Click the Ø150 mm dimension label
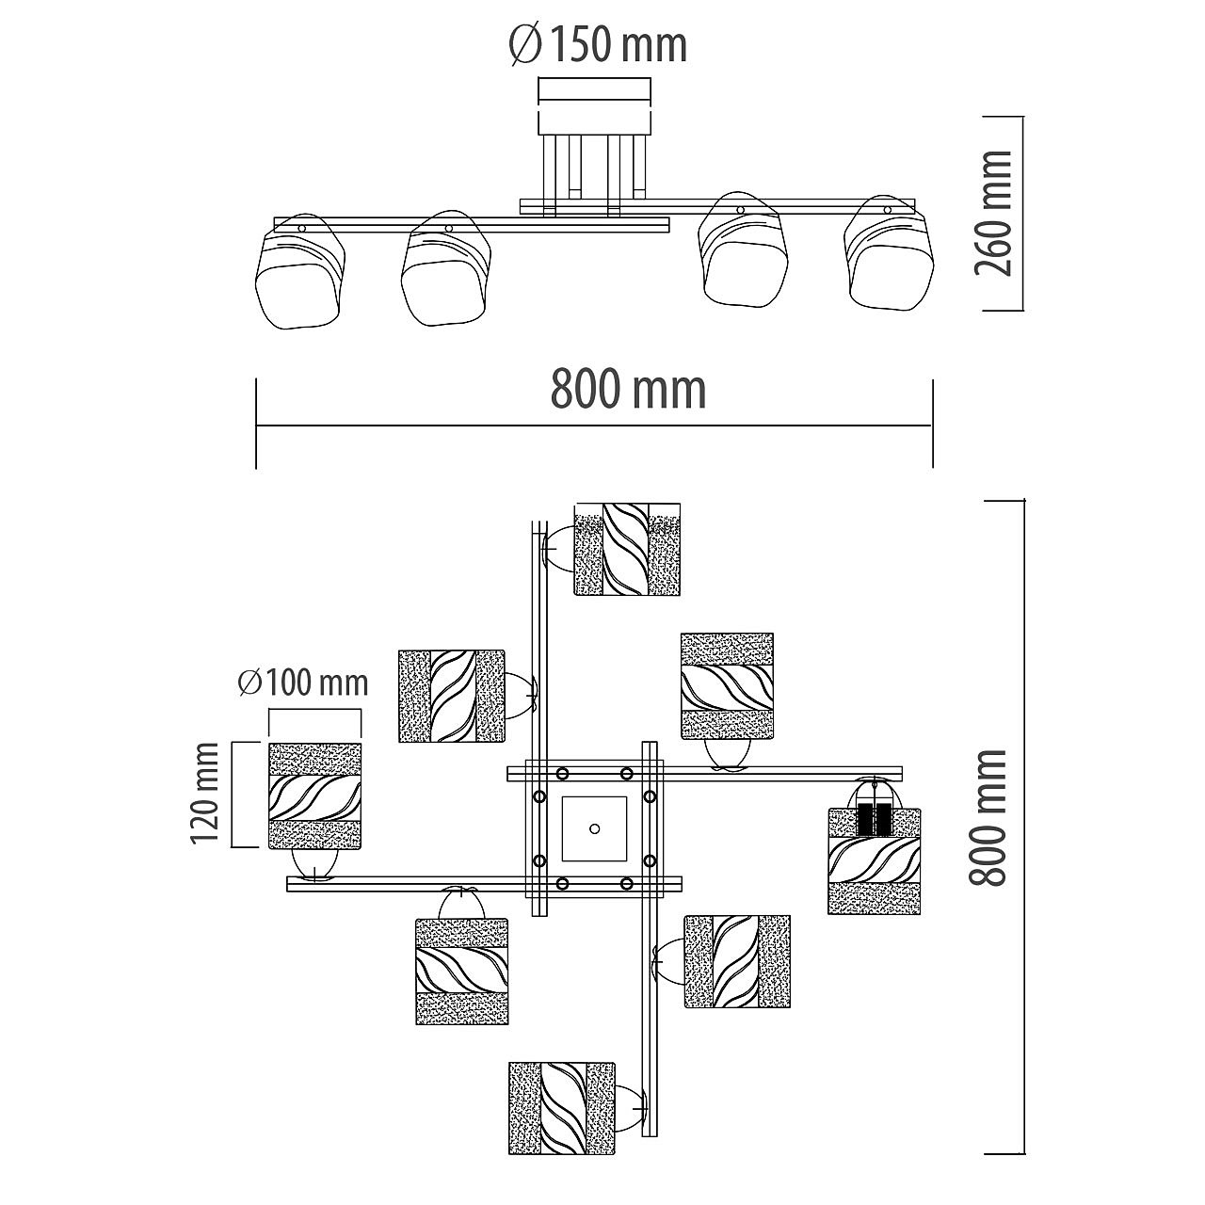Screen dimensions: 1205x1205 (599, 45)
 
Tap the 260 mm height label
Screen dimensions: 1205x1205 (992, 214)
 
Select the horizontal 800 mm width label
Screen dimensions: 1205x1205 (628, 389)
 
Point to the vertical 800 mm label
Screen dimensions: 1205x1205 (988, 817)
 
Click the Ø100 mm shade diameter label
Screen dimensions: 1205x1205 (303, 683)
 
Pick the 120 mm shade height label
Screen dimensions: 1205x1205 (204, 793)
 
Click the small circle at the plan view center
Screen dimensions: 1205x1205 (594, 828)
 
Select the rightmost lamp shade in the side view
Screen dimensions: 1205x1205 (889, 252)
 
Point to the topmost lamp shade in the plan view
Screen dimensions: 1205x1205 (627, 549)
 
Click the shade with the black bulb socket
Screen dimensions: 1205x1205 (875, 861)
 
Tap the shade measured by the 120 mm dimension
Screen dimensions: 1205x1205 (314, 795)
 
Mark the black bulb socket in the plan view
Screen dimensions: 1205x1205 (874, 818)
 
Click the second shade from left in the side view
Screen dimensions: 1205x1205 (446, 269)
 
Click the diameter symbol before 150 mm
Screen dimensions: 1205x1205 (525, 46)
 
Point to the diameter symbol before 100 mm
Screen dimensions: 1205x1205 (249, 683)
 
